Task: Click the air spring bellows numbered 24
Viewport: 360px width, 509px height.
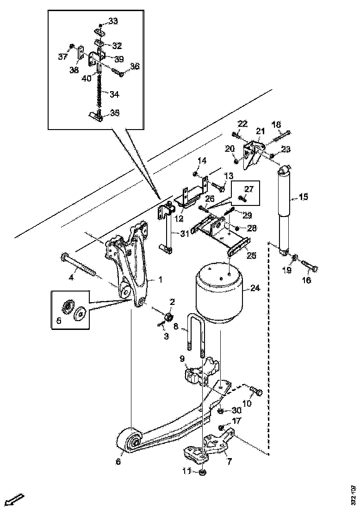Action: coord(221,294)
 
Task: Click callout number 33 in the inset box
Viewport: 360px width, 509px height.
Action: coord(113,21)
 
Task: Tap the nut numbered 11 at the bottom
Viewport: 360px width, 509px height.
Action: coord(203,472)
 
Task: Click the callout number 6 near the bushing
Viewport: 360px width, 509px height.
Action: coord(118,461)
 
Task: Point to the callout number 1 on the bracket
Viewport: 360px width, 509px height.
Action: coord(160,279)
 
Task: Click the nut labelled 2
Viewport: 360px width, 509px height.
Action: coord(169,317)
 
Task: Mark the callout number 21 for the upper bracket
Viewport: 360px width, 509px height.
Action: coord(260,131)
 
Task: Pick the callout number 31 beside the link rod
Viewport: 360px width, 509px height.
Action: coord(185,234)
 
